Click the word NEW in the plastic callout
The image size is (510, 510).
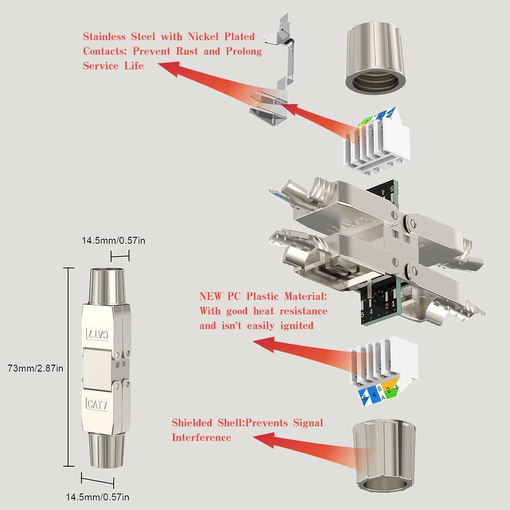tap(210, 296)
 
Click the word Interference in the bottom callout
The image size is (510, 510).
tap(201, 438)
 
